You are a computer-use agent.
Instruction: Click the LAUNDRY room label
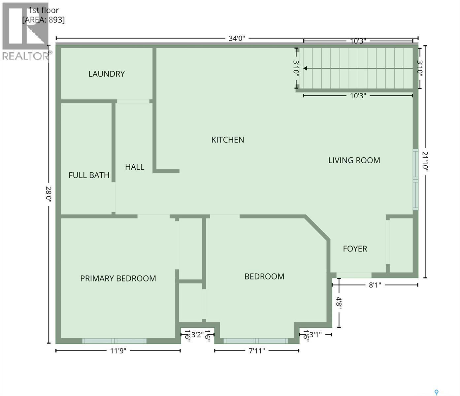(x=107, y=74)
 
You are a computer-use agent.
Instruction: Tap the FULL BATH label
(x=89, y=175)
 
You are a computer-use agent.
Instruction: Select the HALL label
(x=135, y=167)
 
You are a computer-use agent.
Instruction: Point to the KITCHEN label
(x=228, y=140)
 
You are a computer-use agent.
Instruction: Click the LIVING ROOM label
(x=354, y=160)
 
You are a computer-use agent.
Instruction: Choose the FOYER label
(x=355, y=249)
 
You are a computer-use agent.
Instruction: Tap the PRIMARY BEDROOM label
(x=118, y=279)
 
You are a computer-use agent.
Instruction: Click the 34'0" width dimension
(x=237, y=38)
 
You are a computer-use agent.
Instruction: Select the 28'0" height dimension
(x=49, y=194)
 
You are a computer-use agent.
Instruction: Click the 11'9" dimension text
(x=118, y=350)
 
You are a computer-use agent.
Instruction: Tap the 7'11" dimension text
(x=257, y=350)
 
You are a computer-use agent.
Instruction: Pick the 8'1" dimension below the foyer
(x=375, y=285)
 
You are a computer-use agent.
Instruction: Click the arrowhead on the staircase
(x=305, y=68)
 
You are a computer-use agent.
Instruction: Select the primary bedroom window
(x=114, y=341)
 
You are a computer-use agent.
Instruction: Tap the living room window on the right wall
(x=415, y=180)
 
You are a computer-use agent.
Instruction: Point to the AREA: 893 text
(x=44, y=20)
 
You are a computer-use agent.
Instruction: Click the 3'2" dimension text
(x=197, y=335)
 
